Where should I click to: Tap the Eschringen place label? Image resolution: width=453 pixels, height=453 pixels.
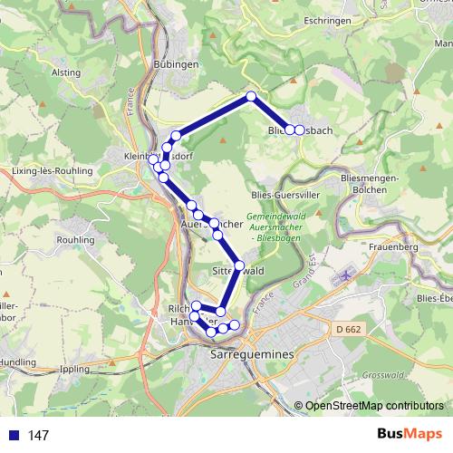(326, 19)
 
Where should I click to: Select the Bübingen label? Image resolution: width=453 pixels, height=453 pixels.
(176, 64)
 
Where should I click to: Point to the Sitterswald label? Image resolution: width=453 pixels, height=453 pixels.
(237, 270)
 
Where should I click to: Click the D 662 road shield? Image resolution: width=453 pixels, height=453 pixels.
(347, 330)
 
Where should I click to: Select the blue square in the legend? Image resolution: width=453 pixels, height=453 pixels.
(13, 436)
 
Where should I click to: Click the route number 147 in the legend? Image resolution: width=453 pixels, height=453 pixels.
(38, 436)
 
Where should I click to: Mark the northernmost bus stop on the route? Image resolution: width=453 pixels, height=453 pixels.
(251, 96)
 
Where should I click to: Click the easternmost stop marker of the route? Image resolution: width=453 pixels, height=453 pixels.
(300, 130)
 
